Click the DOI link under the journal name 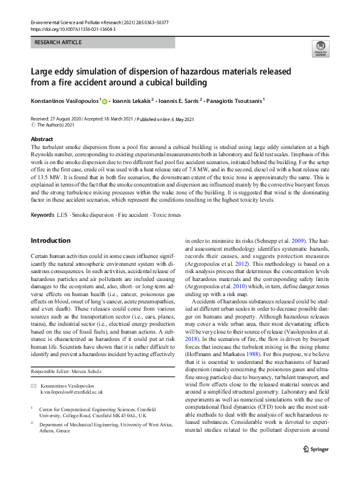[64, 29]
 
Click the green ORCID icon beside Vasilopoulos [105, 102]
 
